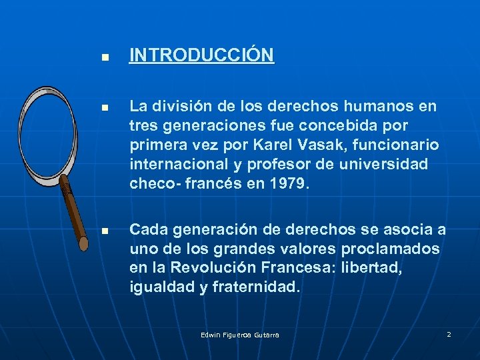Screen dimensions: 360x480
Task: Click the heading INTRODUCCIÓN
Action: pyautogui.click(x=201, y=55)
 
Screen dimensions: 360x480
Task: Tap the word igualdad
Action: pyautogui.click(x=159, y=287)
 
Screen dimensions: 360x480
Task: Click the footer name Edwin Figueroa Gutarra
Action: pyautogui.click(x=240, y=335)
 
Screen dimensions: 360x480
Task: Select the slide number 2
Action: pyautogui.click(x=449, y=334)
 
